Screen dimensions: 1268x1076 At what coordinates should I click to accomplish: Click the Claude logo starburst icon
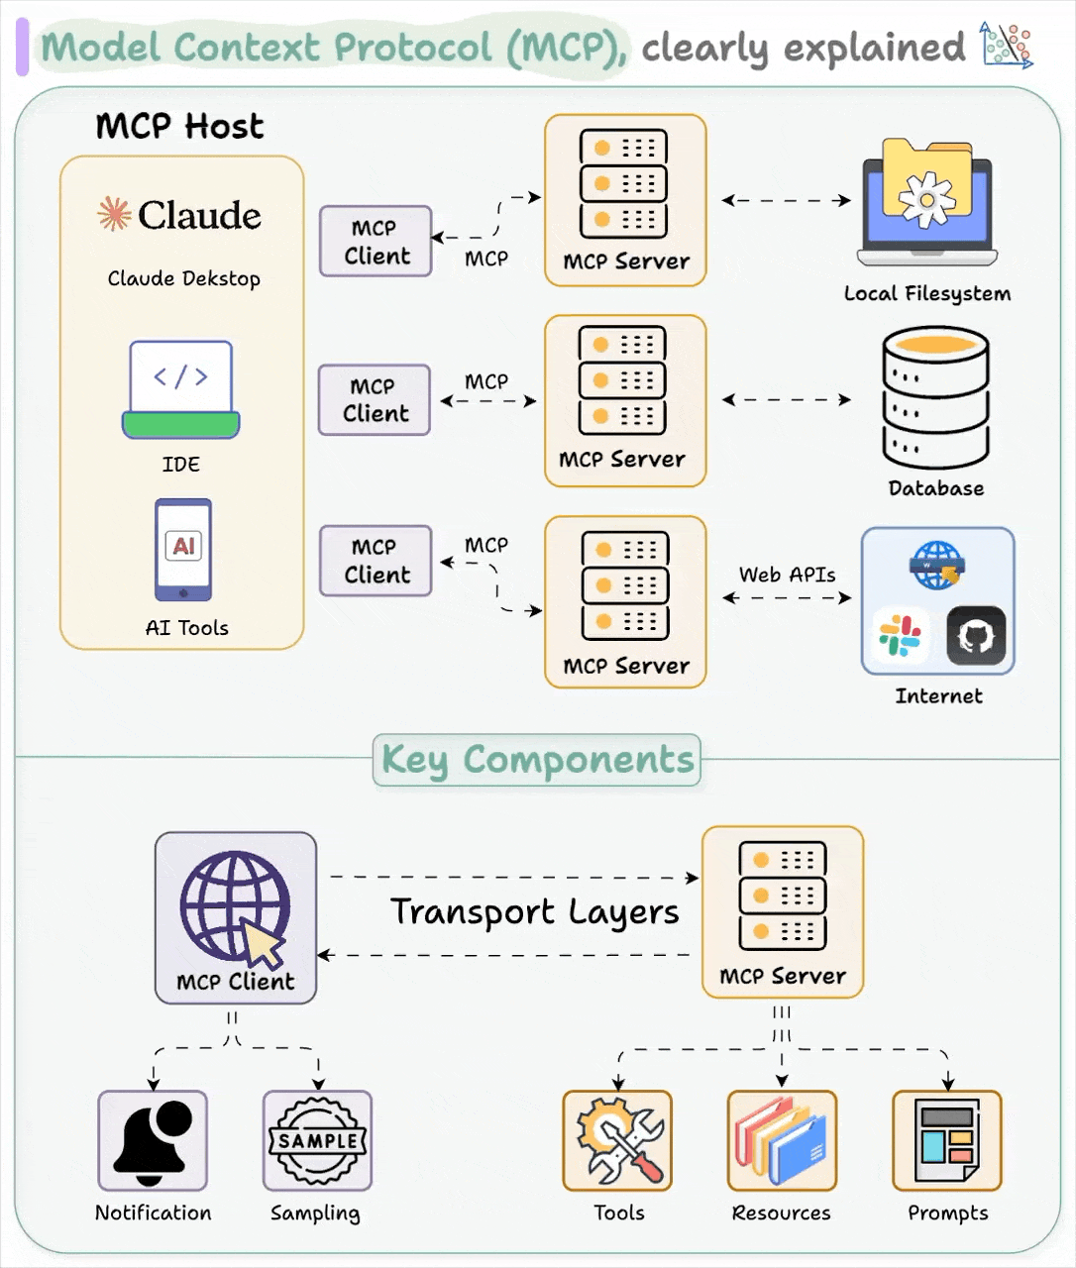click(114, 213)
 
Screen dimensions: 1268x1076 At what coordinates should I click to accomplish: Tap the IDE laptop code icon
click(181, 389)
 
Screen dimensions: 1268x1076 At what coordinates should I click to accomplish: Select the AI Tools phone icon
click(183, 550)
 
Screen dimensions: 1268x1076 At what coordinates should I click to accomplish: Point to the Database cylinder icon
click(935, 398)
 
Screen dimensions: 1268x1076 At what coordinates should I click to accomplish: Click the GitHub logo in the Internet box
click(976, 636)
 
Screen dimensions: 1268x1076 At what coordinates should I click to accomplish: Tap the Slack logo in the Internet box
click(900, 636)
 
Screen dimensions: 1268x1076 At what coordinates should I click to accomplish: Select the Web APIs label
click(787, 575)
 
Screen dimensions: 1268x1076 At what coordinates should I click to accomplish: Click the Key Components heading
click(537, 760)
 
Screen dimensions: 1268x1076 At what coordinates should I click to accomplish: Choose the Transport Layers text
click(535, 912)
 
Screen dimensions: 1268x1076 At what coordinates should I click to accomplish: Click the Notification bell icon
click(153, 1140)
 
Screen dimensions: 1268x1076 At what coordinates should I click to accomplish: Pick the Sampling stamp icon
click(317, 1140)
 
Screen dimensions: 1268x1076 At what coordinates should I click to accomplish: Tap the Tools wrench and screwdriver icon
click(618, 1140)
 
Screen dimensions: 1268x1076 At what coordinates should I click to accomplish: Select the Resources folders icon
click(782, 1140)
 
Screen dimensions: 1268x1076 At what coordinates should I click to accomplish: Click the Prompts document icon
click(947, 1140)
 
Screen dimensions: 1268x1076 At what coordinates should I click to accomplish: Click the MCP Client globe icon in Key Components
click(235, 906)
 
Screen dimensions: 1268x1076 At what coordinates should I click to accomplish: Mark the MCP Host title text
click(179, 127)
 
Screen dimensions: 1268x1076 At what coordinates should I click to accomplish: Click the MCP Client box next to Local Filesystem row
click(376, 241)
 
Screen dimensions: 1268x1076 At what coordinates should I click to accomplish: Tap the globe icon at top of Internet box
click(937, 565)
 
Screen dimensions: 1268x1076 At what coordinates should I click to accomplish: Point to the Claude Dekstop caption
click(184, 278)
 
